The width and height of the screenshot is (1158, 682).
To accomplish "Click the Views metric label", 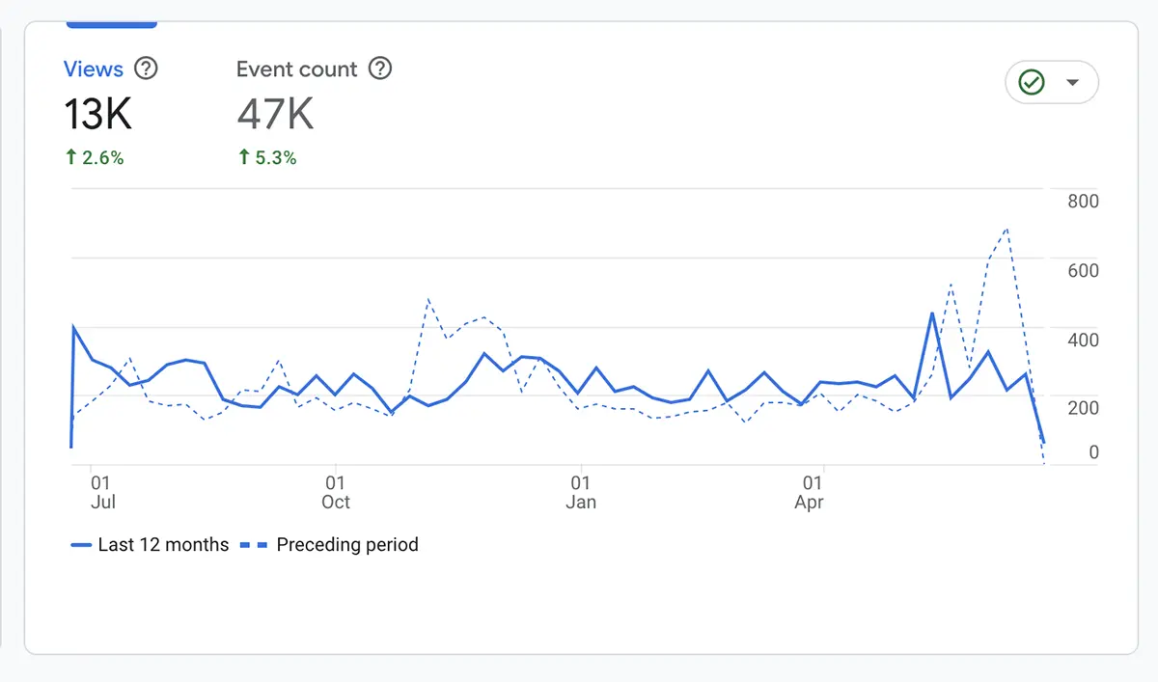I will coord(94,69).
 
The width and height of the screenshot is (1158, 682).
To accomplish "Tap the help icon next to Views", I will coord(146,69).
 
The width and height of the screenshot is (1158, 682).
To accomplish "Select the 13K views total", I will coord(97,115).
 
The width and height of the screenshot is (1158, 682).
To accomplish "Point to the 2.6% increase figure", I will coord(95,158).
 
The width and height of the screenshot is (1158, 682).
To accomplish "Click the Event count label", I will coord(296,69).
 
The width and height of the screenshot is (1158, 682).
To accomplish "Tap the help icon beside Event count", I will coord(381,69).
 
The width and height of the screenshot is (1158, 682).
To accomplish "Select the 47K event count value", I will coord(275,115).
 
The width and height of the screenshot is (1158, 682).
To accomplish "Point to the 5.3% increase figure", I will coord(267,158).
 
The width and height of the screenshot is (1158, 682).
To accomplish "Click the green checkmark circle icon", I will coord(1032,83).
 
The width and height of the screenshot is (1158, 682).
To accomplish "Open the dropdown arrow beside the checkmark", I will coord(1072,83).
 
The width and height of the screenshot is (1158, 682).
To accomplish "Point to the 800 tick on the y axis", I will coord(1083,202).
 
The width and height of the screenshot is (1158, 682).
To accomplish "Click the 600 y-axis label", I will coord(1083,271).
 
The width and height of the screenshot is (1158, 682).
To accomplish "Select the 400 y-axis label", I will coord(1083,340).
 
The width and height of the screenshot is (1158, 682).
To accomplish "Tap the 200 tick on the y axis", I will coord(1083,408).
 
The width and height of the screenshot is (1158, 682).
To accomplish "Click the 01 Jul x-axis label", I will coord(101,492).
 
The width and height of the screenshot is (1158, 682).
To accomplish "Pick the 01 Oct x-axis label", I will coord(335,492).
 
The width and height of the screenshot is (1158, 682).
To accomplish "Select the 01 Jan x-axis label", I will coord(581,492).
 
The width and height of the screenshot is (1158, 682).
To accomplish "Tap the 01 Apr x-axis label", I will coord(811,492).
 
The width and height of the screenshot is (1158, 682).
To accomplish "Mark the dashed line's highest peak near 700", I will coord(1007,229).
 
